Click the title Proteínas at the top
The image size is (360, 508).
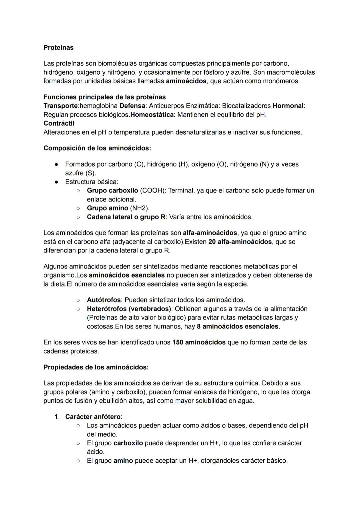click(58, 48)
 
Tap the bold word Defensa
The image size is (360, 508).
click(132, 106)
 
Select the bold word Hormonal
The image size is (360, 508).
click(288, 106)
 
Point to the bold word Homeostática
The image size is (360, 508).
click(152, 115)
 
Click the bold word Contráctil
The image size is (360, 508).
click(59, 124)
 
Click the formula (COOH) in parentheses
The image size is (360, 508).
click(152, 191)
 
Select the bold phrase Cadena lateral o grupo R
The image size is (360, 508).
click(126, 217)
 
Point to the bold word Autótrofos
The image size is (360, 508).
click(104, 300)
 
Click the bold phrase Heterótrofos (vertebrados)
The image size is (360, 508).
click(129, 309)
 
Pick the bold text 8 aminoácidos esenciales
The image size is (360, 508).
click(238, 326)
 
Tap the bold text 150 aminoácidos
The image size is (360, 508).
click(199, 342)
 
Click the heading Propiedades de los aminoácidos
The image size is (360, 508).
click(96, 367)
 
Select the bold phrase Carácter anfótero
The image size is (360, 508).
click(93, 417)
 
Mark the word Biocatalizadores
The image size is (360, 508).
click(246, 106)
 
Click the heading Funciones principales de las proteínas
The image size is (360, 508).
click(104, 97)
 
